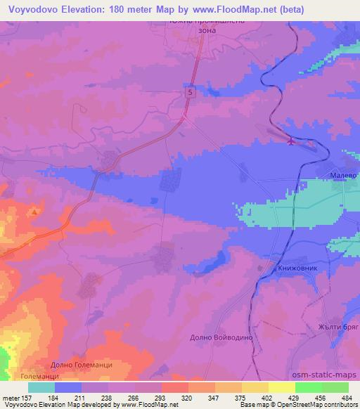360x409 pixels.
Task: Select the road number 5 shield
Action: coord(190,92)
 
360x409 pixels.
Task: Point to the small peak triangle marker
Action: coord(34,211)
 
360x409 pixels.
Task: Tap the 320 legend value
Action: coord(186,397)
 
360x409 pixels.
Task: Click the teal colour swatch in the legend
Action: coord(41,387)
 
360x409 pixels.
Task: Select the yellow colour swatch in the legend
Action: coord(281,387)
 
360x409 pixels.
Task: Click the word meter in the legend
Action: coord(12,397)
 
